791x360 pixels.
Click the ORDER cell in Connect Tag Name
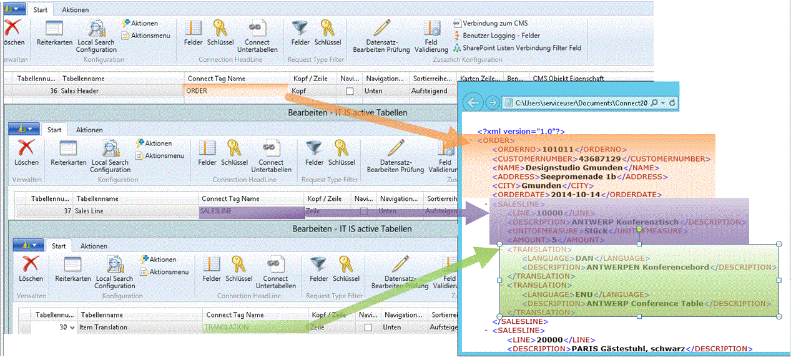click(197, 91)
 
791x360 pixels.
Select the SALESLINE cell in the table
click(216, 212)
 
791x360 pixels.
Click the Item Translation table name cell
click(104, 328)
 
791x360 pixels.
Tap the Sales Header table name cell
click(79, 91)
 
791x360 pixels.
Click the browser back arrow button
click(474, 102)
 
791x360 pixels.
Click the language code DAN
click(581, 258)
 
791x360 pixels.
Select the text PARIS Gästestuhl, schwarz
click(629, 349)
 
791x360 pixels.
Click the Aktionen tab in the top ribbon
click(75, 10)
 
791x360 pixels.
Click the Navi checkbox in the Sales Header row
click(350, 91)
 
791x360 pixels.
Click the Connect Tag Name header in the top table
click(215, 79)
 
